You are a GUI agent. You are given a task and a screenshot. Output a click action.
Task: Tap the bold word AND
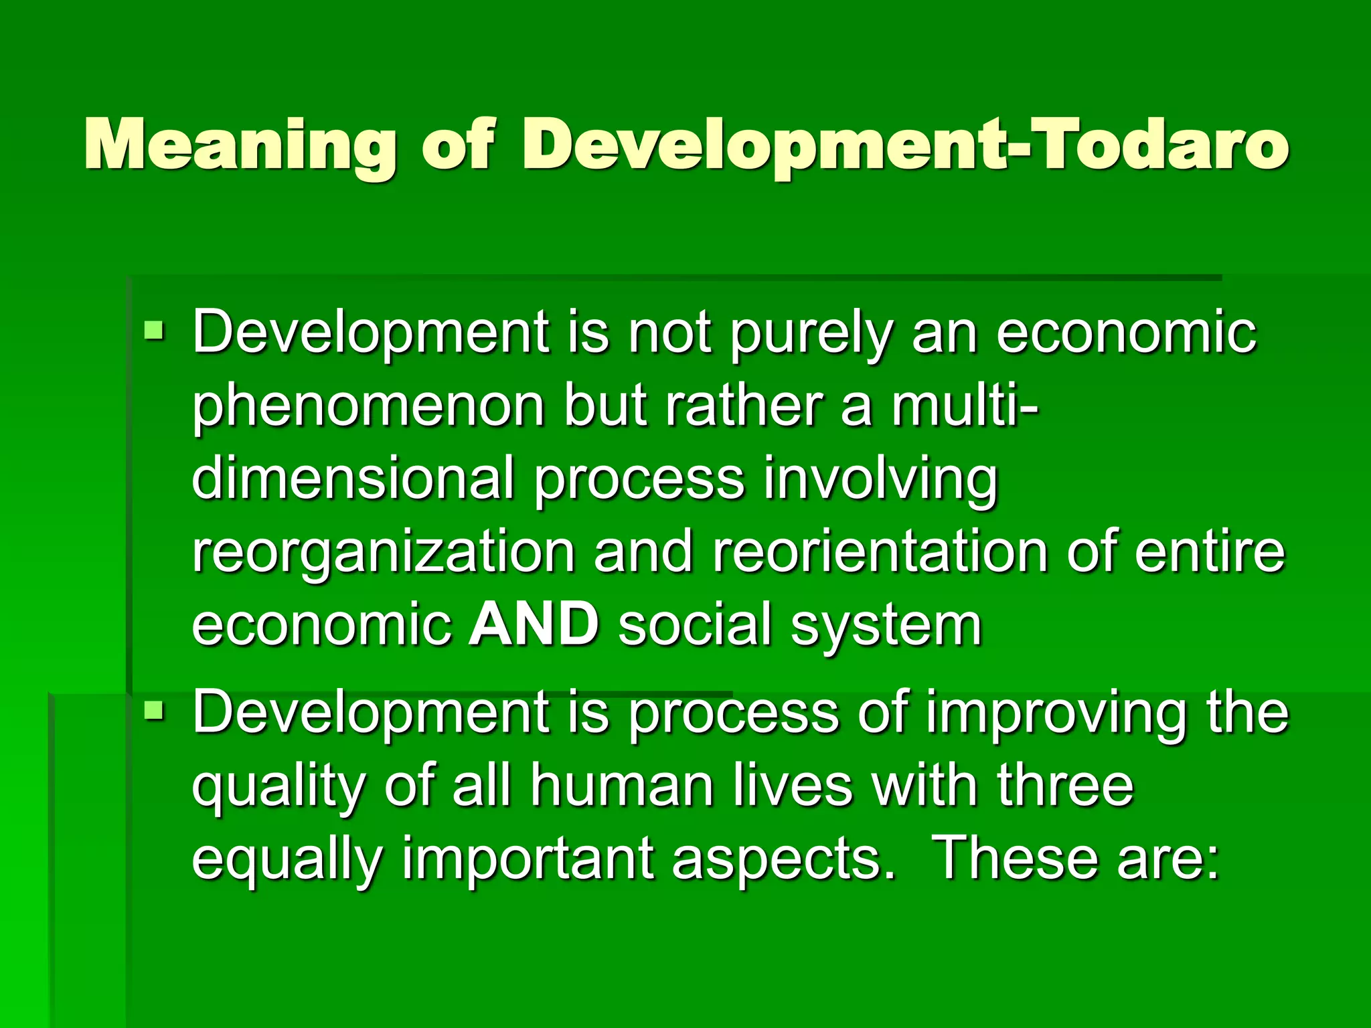pyautogui.click(x=534, y=624)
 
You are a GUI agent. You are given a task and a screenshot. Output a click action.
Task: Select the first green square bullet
pyautogui.click(x=154, y=329)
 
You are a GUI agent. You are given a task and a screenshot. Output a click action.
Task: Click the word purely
pyautogui.click(x=811, y=334)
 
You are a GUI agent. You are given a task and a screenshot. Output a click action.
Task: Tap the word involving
pyautogui.click(x=880, y=479)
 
